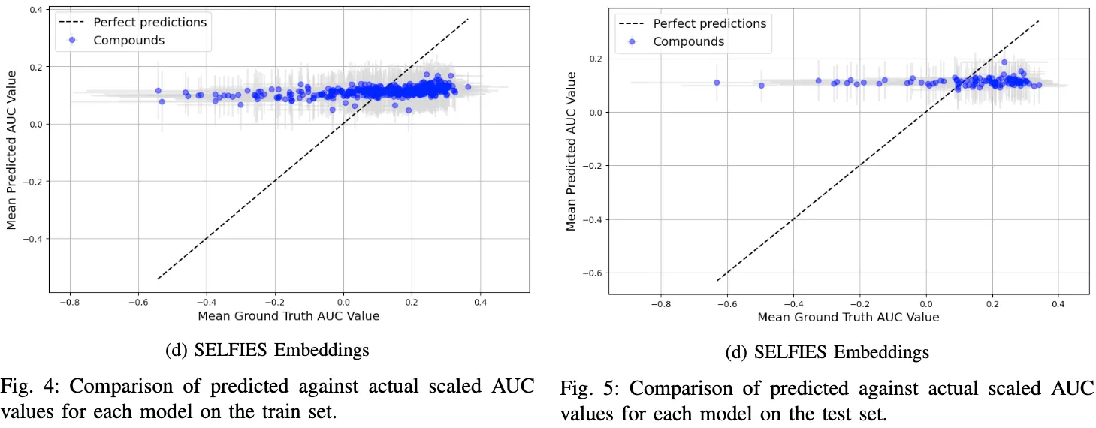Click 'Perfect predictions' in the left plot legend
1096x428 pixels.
click(149, 22)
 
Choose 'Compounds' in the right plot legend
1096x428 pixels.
click(688, 41)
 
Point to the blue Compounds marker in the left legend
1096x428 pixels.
click(72, 40)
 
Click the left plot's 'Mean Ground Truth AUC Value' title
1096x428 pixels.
click(288, 316)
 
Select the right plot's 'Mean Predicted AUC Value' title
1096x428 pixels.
click(572, 151)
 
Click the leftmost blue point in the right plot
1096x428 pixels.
click(717, 83)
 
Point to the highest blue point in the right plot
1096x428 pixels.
click(1004, 62)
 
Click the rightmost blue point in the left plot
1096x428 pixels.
click(468, 87)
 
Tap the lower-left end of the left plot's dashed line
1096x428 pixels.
click(158, 279)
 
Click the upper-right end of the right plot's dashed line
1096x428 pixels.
click(1039, 20)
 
